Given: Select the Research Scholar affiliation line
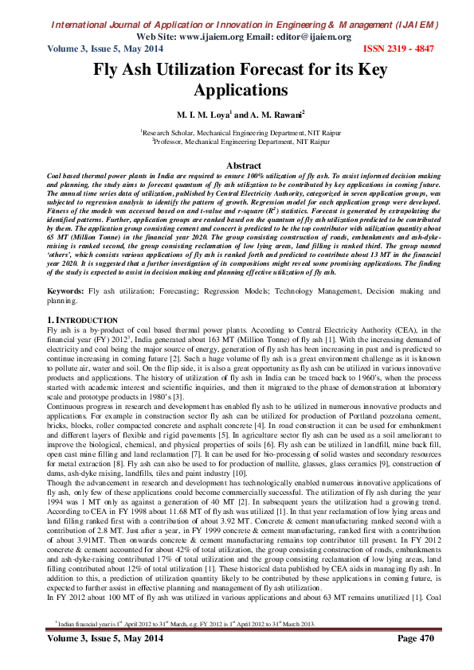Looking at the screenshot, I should (x=236, y=132).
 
